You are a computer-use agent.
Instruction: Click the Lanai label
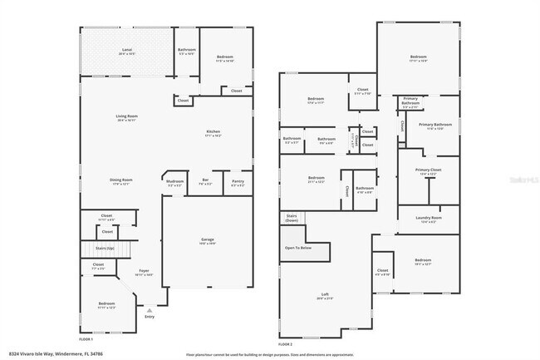click(127, 51)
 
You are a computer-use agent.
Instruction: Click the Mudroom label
click(174, 180)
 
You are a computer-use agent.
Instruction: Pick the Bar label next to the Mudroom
click(205, 180)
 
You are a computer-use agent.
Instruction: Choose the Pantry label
click(238, 180)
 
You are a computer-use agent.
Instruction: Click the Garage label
click(207, 239)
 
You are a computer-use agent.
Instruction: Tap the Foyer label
click(144, 271)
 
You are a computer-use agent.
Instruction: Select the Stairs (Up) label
click(105, 248)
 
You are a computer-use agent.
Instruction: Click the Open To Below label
click(298, 248)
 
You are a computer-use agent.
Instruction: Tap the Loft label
click(325, 293)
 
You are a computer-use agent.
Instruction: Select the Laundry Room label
click(429, 218)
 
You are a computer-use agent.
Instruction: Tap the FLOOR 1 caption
click(86, 340)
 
